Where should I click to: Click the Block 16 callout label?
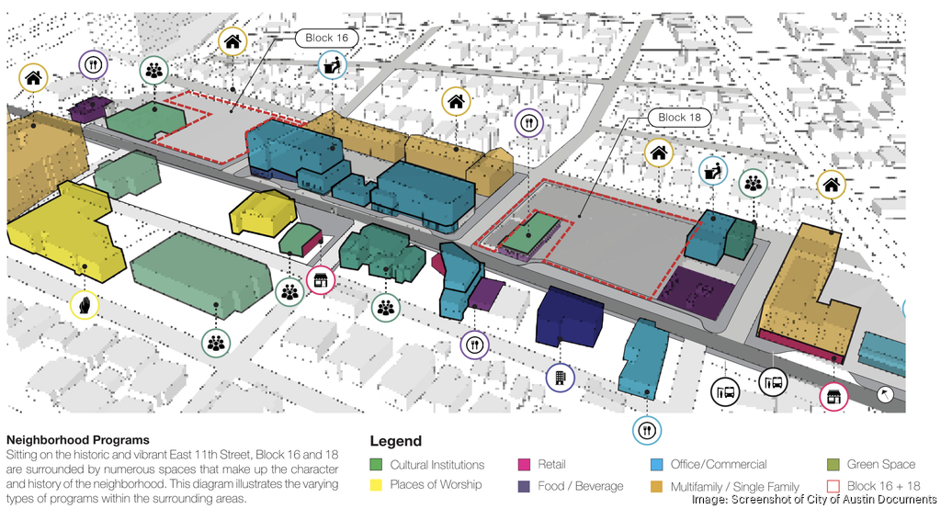pyautogui.click(x=326, y=38)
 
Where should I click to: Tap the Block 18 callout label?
pyautogui.click(x=679, y=118)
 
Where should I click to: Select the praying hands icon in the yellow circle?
pyautogui.click(x=85, y=304)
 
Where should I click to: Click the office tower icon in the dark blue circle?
pyautogui.click(x=560, y=377)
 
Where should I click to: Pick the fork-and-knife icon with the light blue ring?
pyautogui.click(x=647, y=429)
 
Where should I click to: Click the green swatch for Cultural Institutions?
pyautogui.click(x=376, y=465)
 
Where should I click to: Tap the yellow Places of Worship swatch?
pyautogui.click(x=376, y=485)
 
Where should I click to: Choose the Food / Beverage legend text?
pyautogui.click(x=581, y=486)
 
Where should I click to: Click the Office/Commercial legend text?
pyautogui.click(x=718, y=465)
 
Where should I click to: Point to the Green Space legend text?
pyautogui.click(x=880, y=465)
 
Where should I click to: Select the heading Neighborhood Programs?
pyautogui.click(x=78, y=441)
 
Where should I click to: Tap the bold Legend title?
pyautogui.click(x=396, y=441)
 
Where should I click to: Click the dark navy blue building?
pyautogui.click(x=568, y=318)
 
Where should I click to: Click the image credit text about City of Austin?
pyautogui.click(x=814, y=500)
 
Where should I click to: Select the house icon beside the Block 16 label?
pyautogui.click(x=233, y=41)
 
